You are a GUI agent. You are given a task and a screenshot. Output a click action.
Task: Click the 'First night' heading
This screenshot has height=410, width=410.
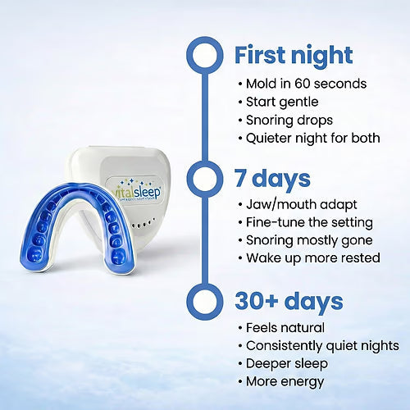click(294, 56)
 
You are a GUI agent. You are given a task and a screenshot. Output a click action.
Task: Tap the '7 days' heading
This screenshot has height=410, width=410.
click(272, 179)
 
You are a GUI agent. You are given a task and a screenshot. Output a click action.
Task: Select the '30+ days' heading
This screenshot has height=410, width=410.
click(289, 302)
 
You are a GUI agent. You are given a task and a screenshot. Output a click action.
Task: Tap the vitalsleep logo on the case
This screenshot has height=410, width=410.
click(136, 190)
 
